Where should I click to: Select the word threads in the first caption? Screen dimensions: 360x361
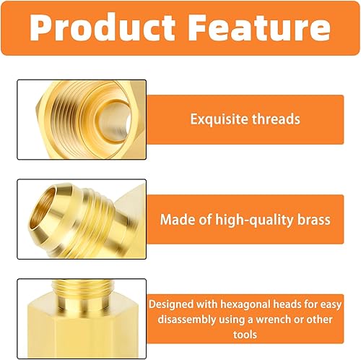pyautogui.click(x=274, y=119)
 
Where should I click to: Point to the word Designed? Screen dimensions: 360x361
pyautogui.click(x=177, y=304)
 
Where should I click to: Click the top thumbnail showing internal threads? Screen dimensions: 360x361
pyautogui.click(x=81, y=119)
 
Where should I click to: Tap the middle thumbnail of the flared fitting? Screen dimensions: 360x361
pyautogui.click(x=81, y=218)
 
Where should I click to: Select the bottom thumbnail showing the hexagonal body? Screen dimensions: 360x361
pyautogui.click(x=81, y=318)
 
